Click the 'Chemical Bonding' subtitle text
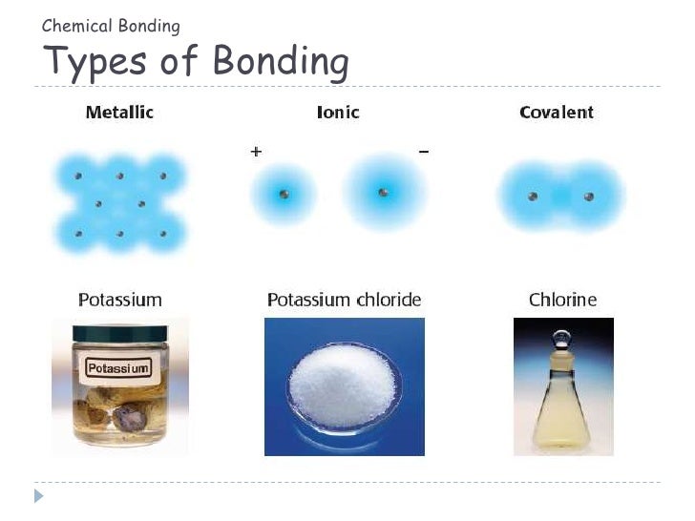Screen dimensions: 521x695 (x=111, y=26)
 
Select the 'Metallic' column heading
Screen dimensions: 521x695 (x=119, y=113)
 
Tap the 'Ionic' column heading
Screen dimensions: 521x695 (x=338, y=113)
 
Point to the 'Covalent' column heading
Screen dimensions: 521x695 (x=556, y=113)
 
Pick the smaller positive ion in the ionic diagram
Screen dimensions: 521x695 (x=284, y=195)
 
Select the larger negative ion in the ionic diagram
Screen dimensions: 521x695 (x=383, y=194)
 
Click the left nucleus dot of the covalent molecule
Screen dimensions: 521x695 (x=533, y=197)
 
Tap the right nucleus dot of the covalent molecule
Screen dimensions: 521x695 (x=588, y=197)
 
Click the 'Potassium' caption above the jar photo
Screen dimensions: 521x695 (x=119, y=300)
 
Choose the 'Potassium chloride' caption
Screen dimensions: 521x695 (x=344, y=300)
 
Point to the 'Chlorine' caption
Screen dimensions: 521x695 (x=562, y=300)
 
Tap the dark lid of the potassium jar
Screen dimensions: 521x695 (x=118, y=333)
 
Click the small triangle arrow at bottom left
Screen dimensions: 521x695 (x=39, y=495)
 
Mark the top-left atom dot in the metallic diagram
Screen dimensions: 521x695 (x=78, y=177)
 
